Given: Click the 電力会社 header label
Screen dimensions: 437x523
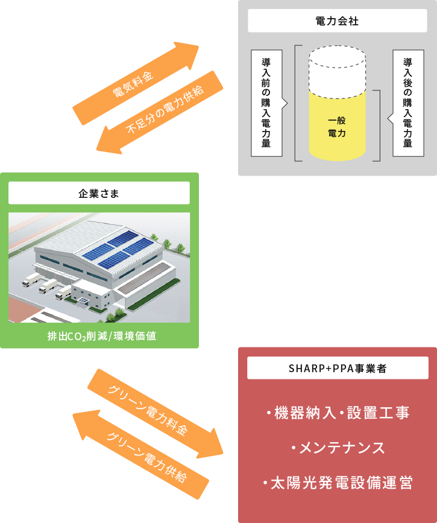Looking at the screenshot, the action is coord(337,21).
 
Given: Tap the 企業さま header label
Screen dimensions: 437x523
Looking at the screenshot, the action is coord(99,193).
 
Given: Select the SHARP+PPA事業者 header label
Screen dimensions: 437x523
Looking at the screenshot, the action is coord(338,368).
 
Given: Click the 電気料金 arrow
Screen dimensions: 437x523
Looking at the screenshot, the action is coord(136,83).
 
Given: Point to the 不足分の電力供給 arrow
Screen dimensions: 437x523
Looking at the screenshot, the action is coord(160,112).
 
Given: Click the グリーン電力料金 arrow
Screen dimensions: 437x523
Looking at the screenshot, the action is coord(156,414).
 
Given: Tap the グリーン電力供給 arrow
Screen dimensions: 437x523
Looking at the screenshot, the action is coord(140,454).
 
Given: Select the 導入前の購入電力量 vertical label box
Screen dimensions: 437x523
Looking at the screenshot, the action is coord(266,103).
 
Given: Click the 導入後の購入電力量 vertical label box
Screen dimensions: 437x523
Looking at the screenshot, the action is coord(407,103).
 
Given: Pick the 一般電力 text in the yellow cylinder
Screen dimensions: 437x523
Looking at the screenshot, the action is coord(337,127).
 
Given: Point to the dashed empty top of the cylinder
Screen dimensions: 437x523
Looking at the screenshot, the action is coord(337,72).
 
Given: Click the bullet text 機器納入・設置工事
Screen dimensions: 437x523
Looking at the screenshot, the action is coord(338,413).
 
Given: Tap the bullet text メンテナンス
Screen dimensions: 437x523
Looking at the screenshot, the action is coord(338,448).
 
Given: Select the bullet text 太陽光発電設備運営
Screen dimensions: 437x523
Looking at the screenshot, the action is coord(338,483).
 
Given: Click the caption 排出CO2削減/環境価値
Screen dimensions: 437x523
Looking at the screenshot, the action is coord(102,336).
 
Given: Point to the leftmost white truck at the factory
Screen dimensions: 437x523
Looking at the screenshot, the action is coord(31,280).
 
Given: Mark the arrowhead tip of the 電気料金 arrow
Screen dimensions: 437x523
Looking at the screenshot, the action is coord(199,46).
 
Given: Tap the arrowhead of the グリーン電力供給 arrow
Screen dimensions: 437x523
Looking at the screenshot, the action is coord(73,414).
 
